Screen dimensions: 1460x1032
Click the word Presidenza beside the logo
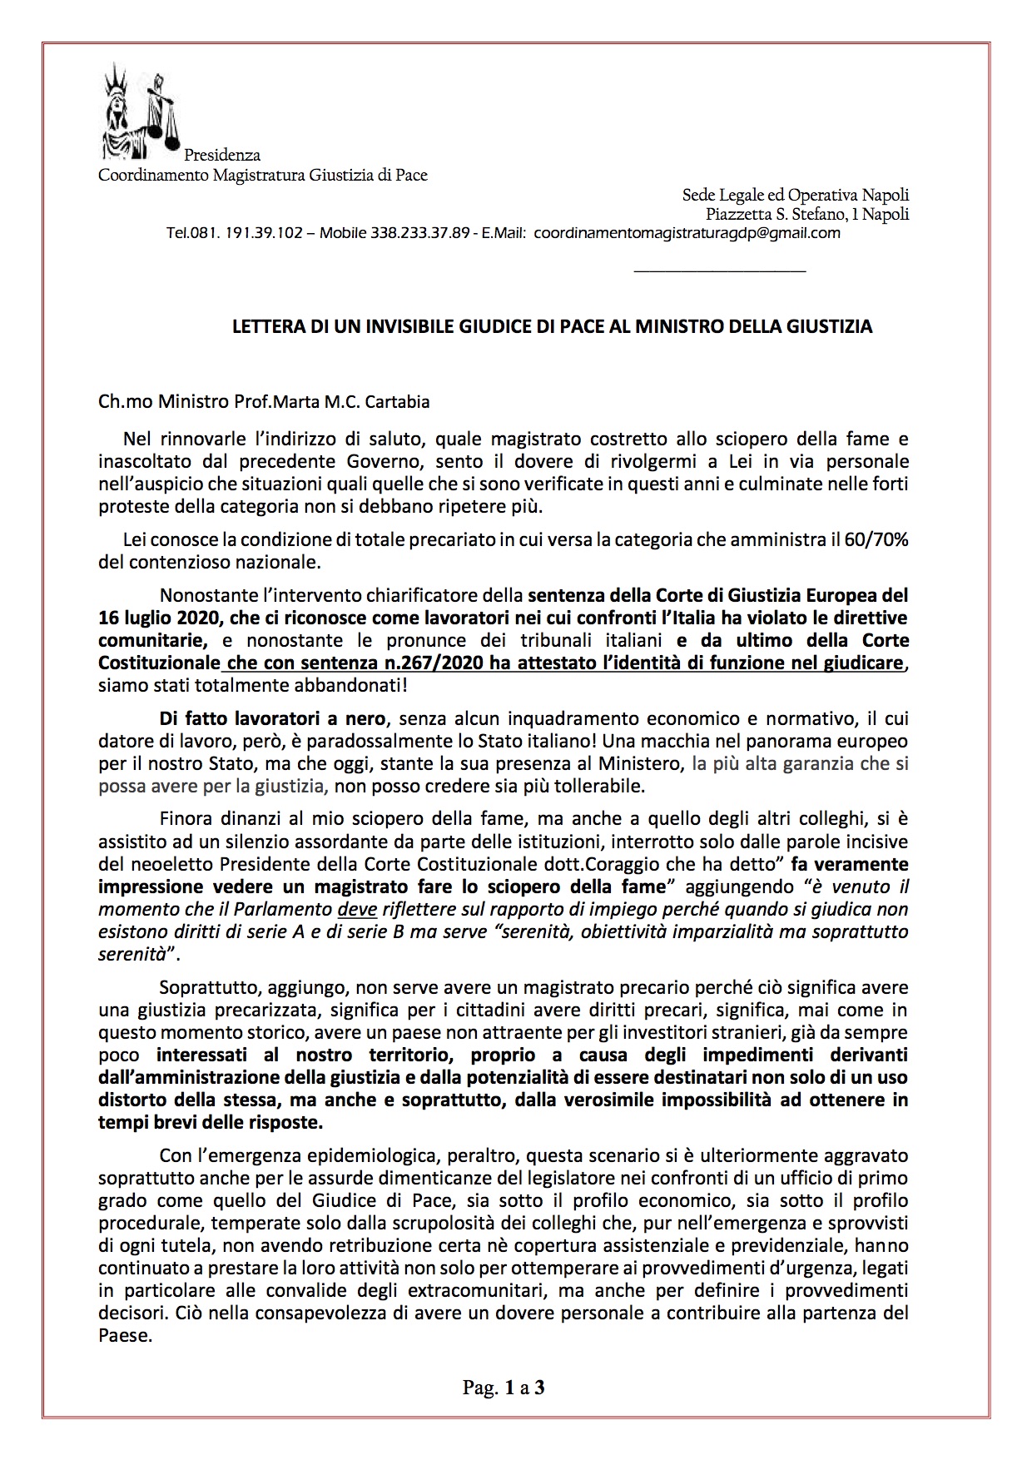[222, 155]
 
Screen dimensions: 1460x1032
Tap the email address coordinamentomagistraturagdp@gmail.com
[687, 234]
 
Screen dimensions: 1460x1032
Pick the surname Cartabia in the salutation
[399, 402]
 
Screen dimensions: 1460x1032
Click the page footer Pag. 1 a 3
[504, 1388]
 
